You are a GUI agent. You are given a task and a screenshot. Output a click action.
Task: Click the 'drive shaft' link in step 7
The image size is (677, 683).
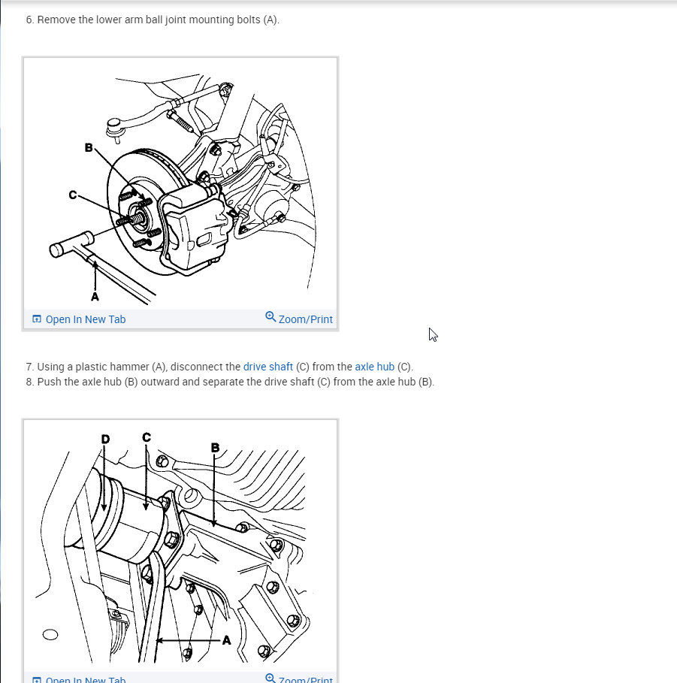[x=268, y=367]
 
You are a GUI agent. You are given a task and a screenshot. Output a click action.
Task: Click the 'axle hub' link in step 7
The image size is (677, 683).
[x=375, y=367]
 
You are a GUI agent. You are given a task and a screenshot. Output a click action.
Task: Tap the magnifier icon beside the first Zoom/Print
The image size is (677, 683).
[x=270, y=316]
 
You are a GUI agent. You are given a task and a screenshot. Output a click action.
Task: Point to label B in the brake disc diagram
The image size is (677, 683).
[x=89, y=148]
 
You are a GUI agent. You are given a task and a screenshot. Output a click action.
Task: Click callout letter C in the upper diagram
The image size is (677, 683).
[x=73, y=195]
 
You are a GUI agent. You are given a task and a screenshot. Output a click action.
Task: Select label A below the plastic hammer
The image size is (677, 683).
[x=95, y=297]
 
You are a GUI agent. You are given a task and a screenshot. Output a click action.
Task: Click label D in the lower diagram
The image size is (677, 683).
[x=105, y=439]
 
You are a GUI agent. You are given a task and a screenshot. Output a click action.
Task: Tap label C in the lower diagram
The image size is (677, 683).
[x=147, y=437]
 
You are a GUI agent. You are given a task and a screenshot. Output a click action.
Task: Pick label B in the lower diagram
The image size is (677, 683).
[x=215, y=447]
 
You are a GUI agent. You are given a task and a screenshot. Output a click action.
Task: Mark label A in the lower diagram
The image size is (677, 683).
[x=226, y=640]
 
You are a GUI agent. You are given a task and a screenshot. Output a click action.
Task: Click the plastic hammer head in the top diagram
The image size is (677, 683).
[x=71, y=244]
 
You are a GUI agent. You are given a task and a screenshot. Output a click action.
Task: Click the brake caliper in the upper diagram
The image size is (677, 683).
[x=195, y=228]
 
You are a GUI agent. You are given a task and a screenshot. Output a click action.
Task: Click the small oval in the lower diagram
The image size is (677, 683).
[x=50, y=635]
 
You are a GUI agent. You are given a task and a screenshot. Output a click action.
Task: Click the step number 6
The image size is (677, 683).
[x=29, y=20]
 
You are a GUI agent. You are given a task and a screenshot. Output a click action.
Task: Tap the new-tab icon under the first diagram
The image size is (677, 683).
[x=37, y=319]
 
